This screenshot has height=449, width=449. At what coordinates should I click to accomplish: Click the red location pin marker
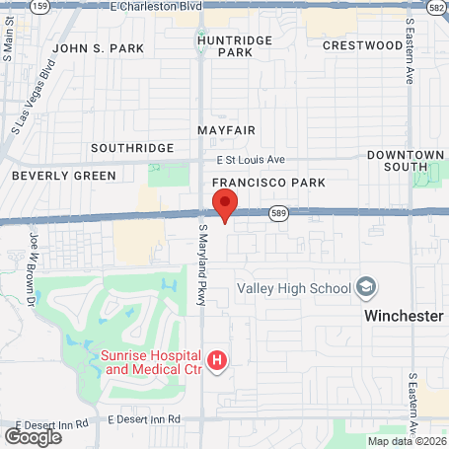coord(225,205)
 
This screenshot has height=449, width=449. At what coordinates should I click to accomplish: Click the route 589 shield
coord(279,213)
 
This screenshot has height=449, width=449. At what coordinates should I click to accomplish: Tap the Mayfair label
coord(226,130)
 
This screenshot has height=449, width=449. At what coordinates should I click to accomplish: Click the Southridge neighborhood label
coord(131,148)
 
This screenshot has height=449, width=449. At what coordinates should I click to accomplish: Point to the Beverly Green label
coord(63,176)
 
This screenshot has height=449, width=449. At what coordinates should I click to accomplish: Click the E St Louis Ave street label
coord(251,159)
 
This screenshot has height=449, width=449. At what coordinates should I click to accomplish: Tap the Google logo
coord(33,436)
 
